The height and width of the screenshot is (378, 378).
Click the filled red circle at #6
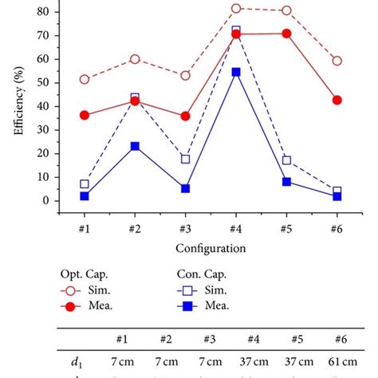pyautogui.click(x=337, y=100)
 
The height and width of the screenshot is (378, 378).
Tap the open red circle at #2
pyautogui.click(x=135, y=59)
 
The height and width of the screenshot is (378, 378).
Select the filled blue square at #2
pyautogui.click(x=135, y=147)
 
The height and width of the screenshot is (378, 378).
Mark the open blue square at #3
pyautogui.click(x=185, y=159)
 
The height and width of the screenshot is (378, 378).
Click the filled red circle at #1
pyautogui.click(x=85, y=116)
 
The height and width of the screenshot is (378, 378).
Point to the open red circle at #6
pyautogui.click(x=337, y=61)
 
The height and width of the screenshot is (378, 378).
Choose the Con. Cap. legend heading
pyautogui.click(x=202, y=273)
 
